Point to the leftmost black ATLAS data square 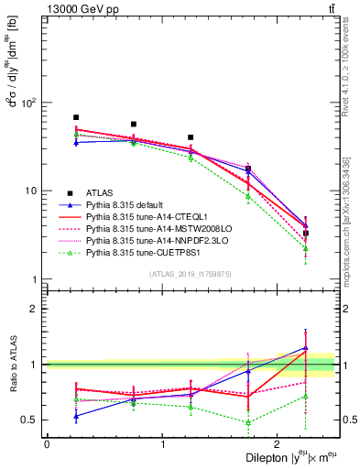pyautogui.click(x=76, y=117)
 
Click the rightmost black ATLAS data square pyautogui.click(x=306, y=234)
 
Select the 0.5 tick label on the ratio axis pyautogui.click(x=33, y=420)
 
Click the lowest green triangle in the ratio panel pyautogui.click(x=248, y=422)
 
